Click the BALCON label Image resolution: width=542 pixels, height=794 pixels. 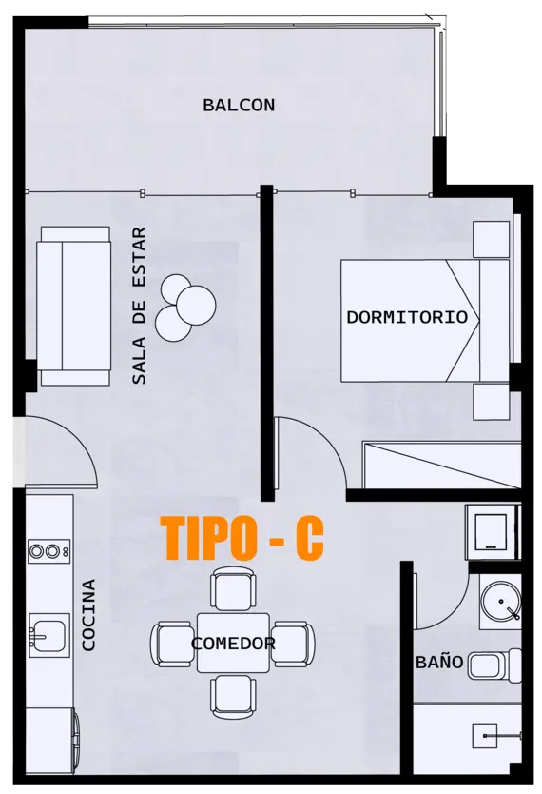[239, 105]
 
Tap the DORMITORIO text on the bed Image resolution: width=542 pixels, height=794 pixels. [407, 317]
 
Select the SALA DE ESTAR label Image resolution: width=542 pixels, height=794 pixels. [139, 305]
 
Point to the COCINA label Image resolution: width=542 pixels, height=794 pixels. [89, 615]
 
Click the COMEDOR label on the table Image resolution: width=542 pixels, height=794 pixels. [233, 644]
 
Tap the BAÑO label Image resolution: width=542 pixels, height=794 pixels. [438, 662]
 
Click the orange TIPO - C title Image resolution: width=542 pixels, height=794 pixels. [242, 539]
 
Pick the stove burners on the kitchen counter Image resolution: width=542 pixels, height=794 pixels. [48, 550]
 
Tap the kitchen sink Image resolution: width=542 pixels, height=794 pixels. [48, 633]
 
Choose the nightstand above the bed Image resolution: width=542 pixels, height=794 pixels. [493, 239]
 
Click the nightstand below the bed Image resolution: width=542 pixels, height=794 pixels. [493, 399]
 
